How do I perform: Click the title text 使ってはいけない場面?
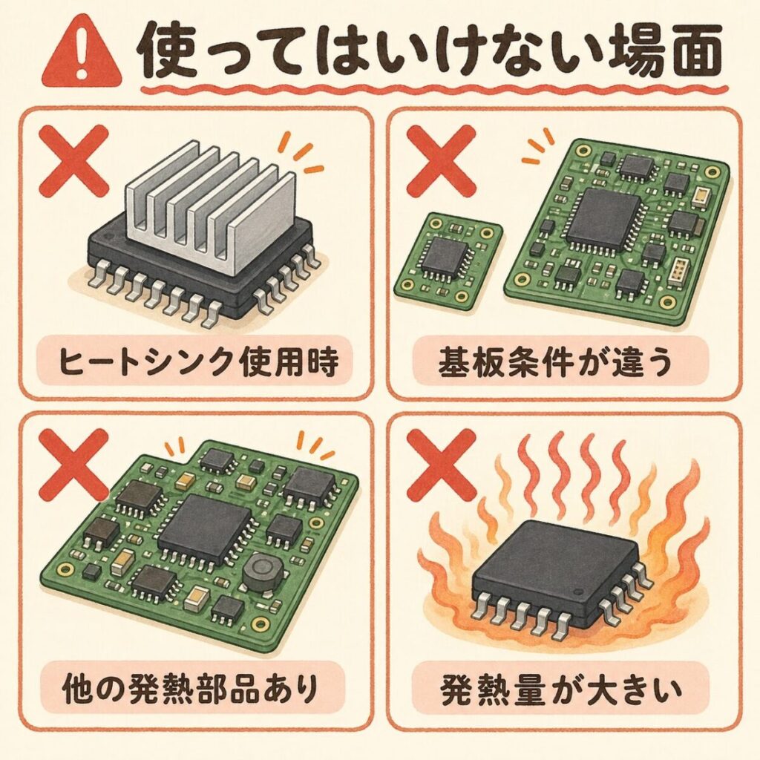coord(431,53)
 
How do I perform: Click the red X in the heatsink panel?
coord(73,160)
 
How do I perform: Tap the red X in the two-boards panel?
coord(441,160)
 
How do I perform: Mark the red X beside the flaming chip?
coord(441,466)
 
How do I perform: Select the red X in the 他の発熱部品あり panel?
coord(73,465)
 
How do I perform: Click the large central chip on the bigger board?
coord(606,217)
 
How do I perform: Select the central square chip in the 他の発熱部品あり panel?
coord(206,531)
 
